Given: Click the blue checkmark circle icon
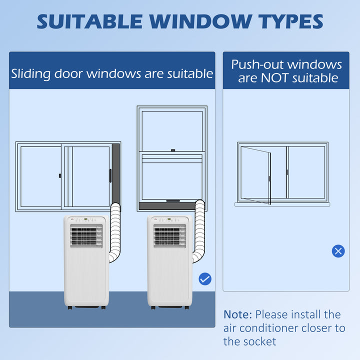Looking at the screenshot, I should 205,279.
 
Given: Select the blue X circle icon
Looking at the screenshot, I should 338,251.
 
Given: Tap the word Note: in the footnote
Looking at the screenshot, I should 238,314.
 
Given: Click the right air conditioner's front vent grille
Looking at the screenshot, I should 170,235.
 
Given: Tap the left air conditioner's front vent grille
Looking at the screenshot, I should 86,235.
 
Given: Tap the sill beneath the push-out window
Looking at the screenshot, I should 282,204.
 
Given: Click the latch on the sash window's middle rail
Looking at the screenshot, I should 172,150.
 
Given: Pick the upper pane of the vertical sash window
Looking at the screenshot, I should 171,130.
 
